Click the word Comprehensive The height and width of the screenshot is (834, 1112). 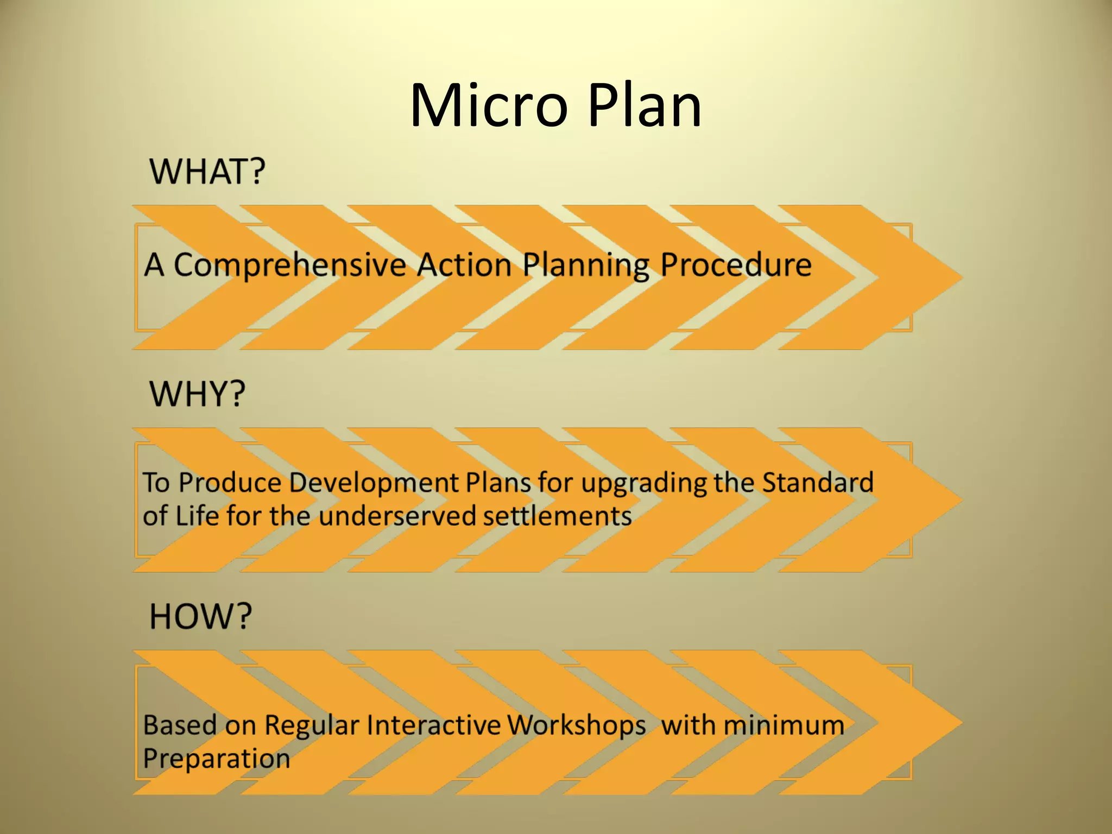[x=289, y=266]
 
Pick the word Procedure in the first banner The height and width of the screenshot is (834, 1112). [x=736, y=266]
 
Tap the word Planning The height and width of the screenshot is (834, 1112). [x=585, y=266]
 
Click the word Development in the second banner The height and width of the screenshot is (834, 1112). [x=374, y=483]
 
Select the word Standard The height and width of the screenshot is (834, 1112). [x=818, y=483]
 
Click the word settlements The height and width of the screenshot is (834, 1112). [x=558, y=516]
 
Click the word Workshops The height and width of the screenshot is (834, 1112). [x=577, y=725]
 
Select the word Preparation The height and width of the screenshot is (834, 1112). [x=217, y=759]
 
